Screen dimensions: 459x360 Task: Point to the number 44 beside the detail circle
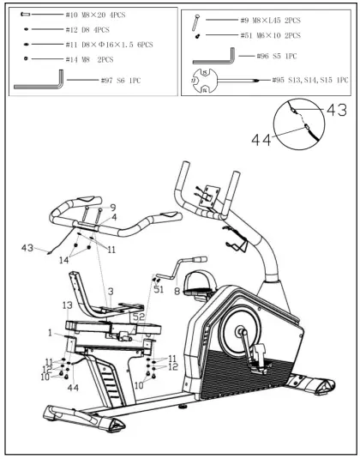pyautogui.click(x=262, y=136)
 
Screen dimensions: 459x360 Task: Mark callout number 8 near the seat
pyautogui.click(x=176, y=291)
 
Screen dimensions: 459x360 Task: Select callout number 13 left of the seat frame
pyautogui.click(x=67, y=305)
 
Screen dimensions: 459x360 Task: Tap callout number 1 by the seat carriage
pyautogui.click(x=51, y=331)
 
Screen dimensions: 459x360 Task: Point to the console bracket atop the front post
pyautogui.click(x=205, y=194)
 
